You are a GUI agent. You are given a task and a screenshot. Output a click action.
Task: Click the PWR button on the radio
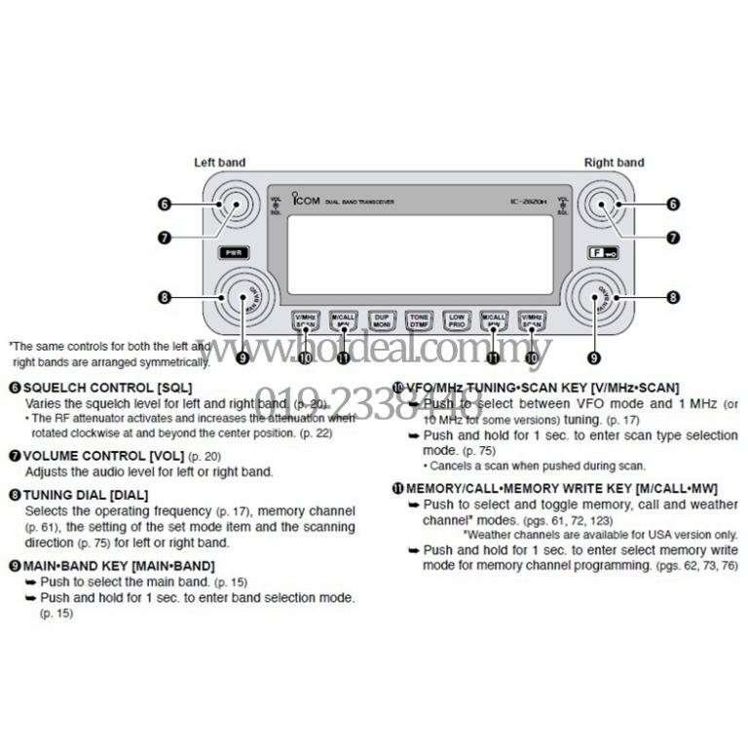[235, 252]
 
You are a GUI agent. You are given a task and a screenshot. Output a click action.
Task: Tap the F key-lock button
[603, 252]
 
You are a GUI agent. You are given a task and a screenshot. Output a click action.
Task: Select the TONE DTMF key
[419, 318]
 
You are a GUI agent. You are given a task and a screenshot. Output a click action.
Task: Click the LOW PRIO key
[458, 318]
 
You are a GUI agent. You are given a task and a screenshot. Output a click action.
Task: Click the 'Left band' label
[219, 163]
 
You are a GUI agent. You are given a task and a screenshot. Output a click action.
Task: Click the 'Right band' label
[614, 163]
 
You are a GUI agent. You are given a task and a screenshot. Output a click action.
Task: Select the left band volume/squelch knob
[234, 205]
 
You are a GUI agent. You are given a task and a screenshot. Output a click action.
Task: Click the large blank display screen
[420, 253]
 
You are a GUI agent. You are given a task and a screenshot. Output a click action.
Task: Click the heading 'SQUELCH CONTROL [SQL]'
[107, 388]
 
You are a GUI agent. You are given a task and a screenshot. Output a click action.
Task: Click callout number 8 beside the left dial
[165, 297]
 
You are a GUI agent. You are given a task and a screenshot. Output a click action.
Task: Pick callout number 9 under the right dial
[593, 357]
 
